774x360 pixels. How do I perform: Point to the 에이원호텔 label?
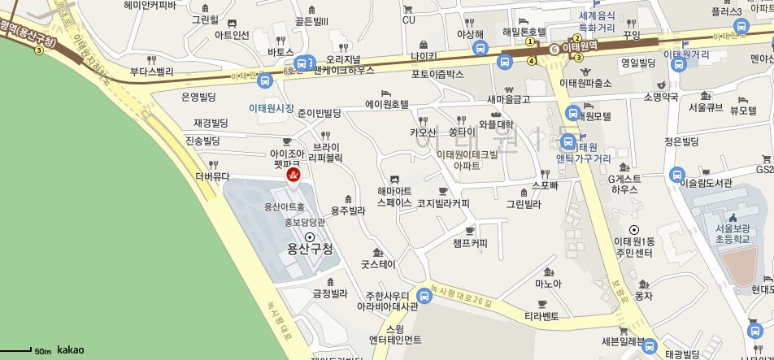coord(387,104)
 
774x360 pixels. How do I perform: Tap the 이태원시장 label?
coord(271,107)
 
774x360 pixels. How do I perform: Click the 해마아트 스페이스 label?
coord(394,197)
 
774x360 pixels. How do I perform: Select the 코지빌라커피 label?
coord(443,203)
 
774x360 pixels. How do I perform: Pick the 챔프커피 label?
coord(470,243)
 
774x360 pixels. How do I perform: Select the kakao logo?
coord(70,350)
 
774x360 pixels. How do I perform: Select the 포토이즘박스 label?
coord(437,74)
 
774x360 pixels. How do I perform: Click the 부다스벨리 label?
coord(152,72)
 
